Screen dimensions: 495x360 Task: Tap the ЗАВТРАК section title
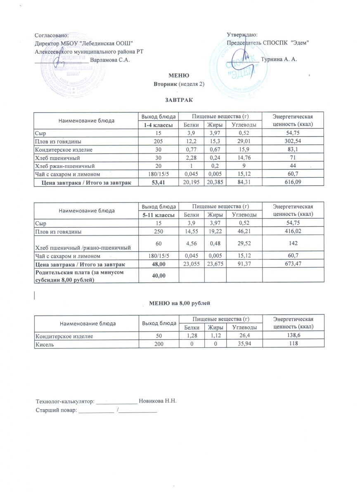click(x=179, y=100)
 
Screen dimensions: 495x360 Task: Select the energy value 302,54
click(x=294, y=141)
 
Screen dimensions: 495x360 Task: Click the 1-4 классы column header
click(x=158, y=125)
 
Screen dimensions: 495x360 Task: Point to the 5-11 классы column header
click(x=158, y=214)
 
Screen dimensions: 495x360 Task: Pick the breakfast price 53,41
click(x=158, y=183)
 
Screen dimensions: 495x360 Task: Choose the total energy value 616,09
click(x=294, y=183)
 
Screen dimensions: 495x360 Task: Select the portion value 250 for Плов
click(x=158, y=231)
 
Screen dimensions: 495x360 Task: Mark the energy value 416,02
click(x=294, y=231)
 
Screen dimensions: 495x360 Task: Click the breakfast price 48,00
click(x=158, y=264)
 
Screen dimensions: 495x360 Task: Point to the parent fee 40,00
click(x=158, y=275)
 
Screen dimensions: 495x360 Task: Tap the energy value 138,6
click(x=294, y=336)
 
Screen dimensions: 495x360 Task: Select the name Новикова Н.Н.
click(x=158, y=401)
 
